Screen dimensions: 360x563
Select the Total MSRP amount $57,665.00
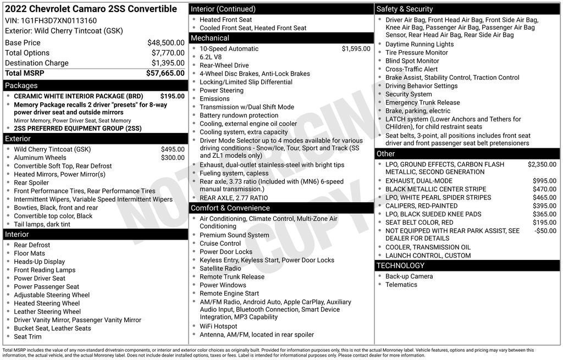[x=165, y=73]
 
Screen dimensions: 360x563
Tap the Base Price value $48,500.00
[x=165, y=42]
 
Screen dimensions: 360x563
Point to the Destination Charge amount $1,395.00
[x=168, y=63]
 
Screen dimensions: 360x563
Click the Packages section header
[x=21, y=85]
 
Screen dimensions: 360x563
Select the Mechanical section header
[x=209, y=38]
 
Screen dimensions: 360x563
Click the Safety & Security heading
[x=405, y=9]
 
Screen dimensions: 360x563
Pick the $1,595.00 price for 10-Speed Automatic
[x=356, y=49]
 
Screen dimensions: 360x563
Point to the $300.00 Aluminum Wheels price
[x=173, y=158]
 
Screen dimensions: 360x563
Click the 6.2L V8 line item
[x=211, y=57]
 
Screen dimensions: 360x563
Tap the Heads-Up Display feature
[x=39, y=262]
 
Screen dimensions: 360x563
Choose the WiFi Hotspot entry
[x=218, y=326]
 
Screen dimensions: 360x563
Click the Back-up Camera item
[x=409, y=276]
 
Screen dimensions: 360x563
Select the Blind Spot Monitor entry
[x=412, y=61]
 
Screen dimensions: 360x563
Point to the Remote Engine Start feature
[x=229, y=293]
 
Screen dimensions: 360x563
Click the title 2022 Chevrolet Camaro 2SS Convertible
[x=91, y=9]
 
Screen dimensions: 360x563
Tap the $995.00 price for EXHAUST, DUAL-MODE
[x=544, y=181]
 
